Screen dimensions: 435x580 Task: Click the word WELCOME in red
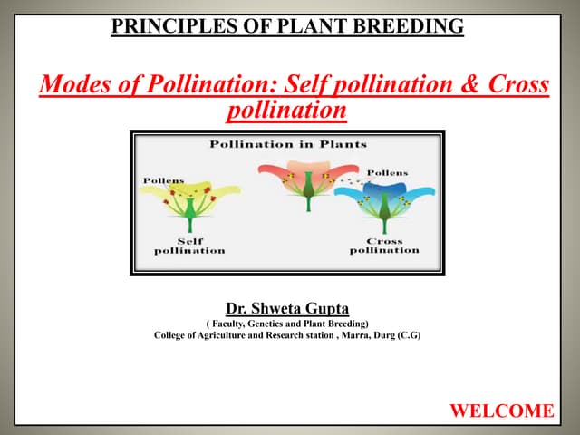[501, 411]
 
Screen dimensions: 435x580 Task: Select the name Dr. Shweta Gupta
[287, 306]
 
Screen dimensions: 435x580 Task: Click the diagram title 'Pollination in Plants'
[287, 144]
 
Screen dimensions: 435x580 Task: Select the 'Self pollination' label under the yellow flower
[189, 246]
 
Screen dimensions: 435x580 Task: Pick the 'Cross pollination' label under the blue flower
[384, 246]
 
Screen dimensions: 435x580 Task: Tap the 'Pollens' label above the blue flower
[387, 172]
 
